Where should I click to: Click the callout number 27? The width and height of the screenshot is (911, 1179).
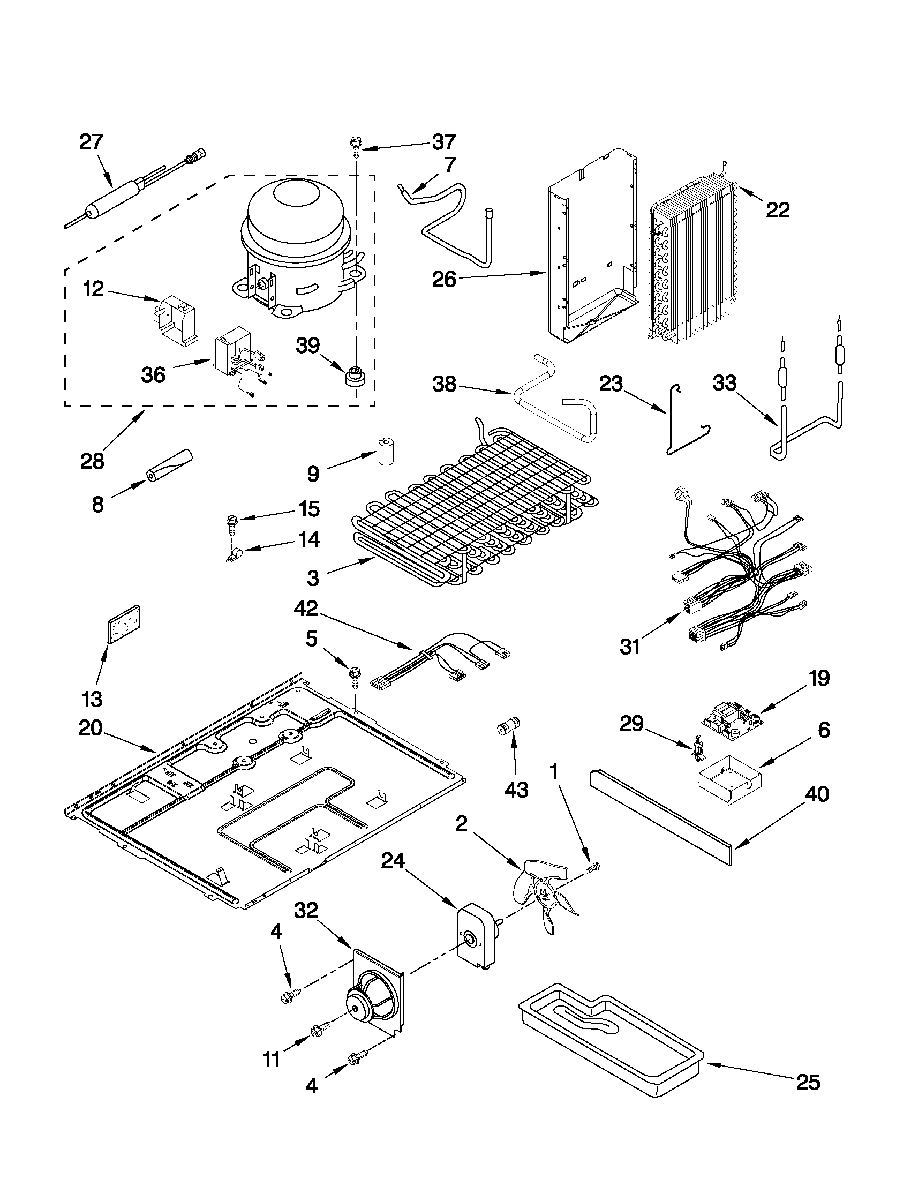(x=91, y=142)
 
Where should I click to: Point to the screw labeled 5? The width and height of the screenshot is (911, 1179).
(x=355, y=677)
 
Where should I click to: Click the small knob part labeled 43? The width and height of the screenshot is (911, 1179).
(x=508, y=725)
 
